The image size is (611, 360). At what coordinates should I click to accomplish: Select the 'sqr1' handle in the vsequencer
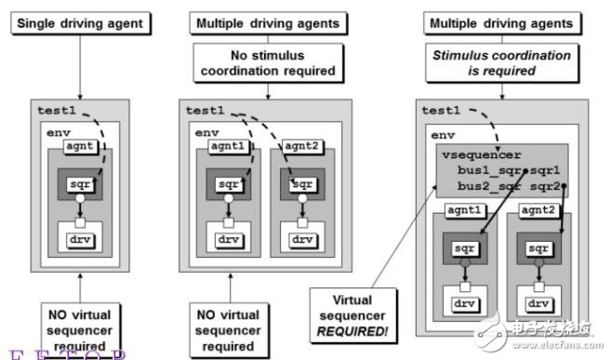(546, 172)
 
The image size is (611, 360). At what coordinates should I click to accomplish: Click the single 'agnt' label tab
(83, 147)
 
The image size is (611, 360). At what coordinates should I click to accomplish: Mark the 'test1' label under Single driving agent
(55, 109)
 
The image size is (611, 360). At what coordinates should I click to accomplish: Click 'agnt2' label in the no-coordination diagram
(299, 147)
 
